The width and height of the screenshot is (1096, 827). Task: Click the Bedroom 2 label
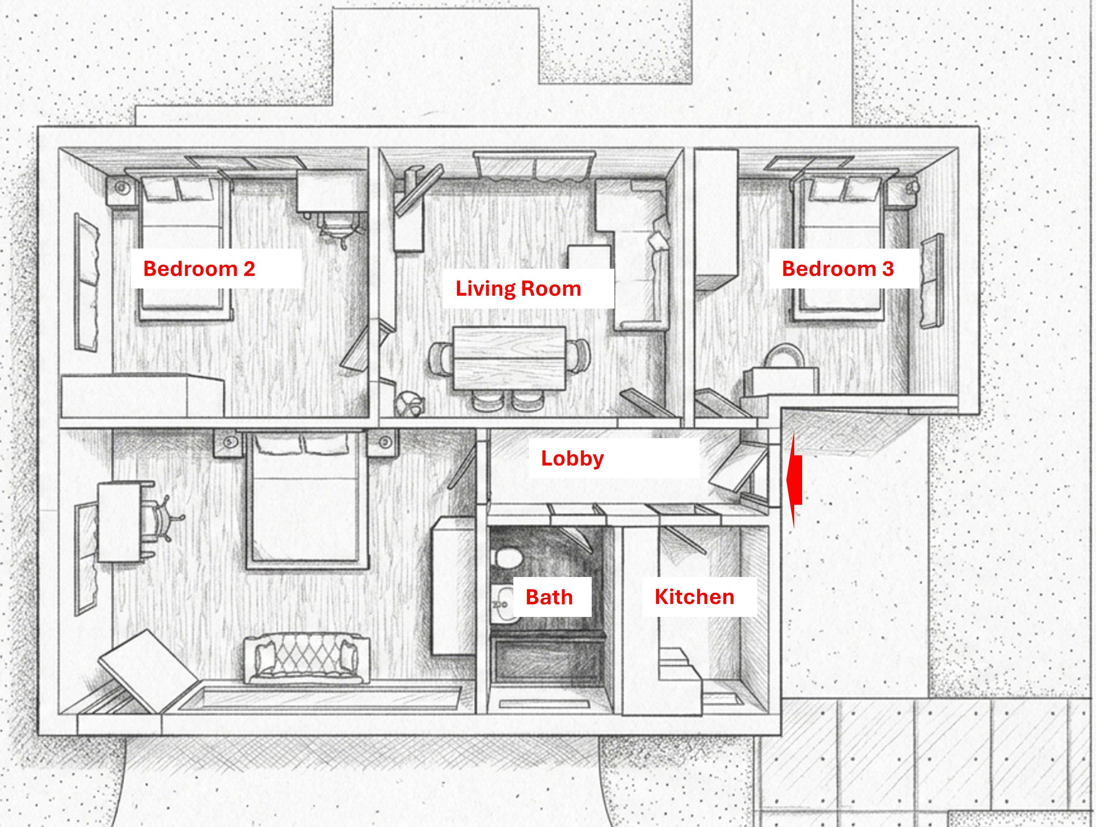(x=199, y=269)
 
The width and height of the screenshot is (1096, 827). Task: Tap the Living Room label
(x=518, y=288)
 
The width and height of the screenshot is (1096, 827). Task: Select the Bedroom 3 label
(x=838, y=269)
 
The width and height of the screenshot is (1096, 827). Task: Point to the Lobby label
(x=572, y=458)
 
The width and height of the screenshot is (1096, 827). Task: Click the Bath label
(x=549, y=597)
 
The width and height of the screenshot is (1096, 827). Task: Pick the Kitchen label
(x=694, y=597)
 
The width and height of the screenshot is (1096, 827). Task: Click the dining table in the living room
(x=510, y=358)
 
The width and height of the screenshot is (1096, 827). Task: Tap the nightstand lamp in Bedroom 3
(x=912, y=187)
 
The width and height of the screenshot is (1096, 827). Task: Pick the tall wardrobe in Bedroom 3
(x=717, y=219)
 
